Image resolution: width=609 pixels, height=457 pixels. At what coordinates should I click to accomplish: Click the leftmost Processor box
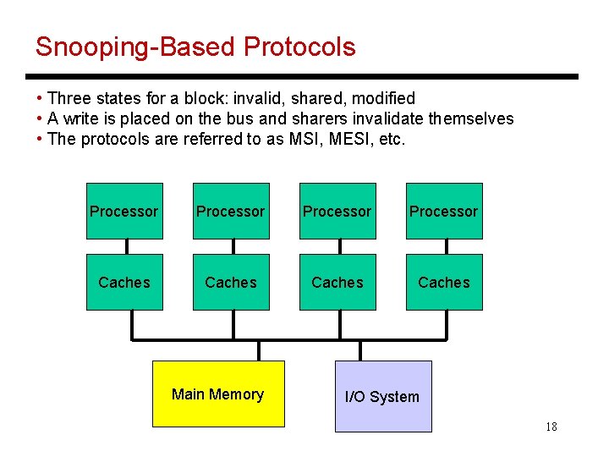[x=123, y=212]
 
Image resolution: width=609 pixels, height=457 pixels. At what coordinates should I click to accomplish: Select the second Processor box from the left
[x=230, y=212]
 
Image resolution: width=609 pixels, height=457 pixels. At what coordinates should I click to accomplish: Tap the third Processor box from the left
[x=337, y=212]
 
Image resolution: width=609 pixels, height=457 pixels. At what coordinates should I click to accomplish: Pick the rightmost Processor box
[x=443, y=212]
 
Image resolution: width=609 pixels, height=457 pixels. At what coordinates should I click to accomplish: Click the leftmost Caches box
[x=123, y=282]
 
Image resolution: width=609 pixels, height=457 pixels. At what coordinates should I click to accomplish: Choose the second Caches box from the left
[x=230, y=282]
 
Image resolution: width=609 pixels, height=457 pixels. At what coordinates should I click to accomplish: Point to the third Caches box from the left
[x=337, y=282]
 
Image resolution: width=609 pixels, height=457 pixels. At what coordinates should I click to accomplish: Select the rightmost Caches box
[x=443, y=282]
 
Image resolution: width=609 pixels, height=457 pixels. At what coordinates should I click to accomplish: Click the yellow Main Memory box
[x=218, y=394]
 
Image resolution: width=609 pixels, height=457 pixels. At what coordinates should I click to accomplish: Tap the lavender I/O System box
[x=382, y=396]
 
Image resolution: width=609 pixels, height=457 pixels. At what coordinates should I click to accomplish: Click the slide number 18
[x=551, y=427]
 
